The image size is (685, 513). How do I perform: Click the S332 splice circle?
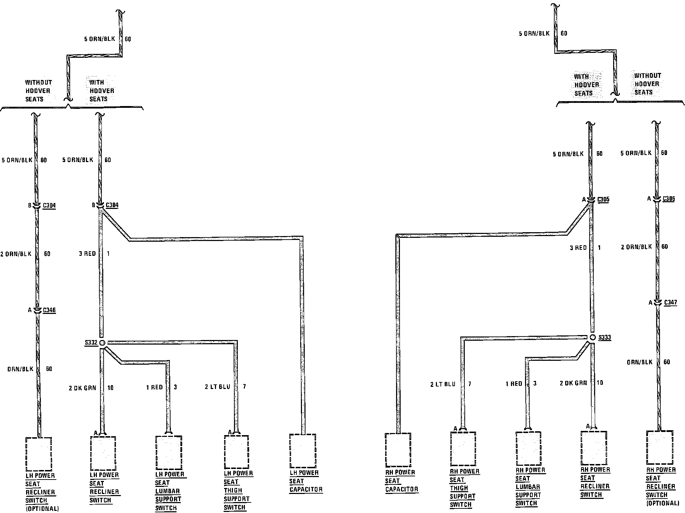(102, 342)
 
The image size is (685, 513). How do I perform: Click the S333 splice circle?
(593, 337)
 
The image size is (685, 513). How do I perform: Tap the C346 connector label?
(49, 310)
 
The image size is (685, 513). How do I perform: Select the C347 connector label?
(671, 302)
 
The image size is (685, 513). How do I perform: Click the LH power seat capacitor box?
(303, 451)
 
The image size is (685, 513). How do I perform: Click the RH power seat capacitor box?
(398, 450)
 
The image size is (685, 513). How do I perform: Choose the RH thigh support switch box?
(463, 449)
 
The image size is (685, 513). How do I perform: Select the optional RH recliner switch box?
(659, 447)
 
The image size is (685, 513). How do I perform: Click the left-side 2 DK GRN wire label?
(82, 388)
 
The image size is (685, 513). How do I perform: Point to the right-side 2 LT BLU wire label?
(443, 384)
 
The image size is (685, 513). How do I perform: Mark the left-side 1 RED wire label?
(154, 387)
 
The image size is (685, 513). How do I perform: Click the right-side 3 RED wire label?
(578, 248)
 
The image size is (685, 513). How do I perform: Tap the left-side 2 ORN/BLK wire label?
(16, 254)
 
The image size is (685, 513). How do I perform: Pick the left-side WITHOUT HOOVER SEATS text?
(38, 91)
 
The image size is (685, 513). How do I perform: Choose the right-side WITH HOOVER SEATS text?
(586, 85)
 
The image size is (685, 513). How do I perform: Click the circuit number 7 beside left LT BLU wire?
(244, 387)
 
